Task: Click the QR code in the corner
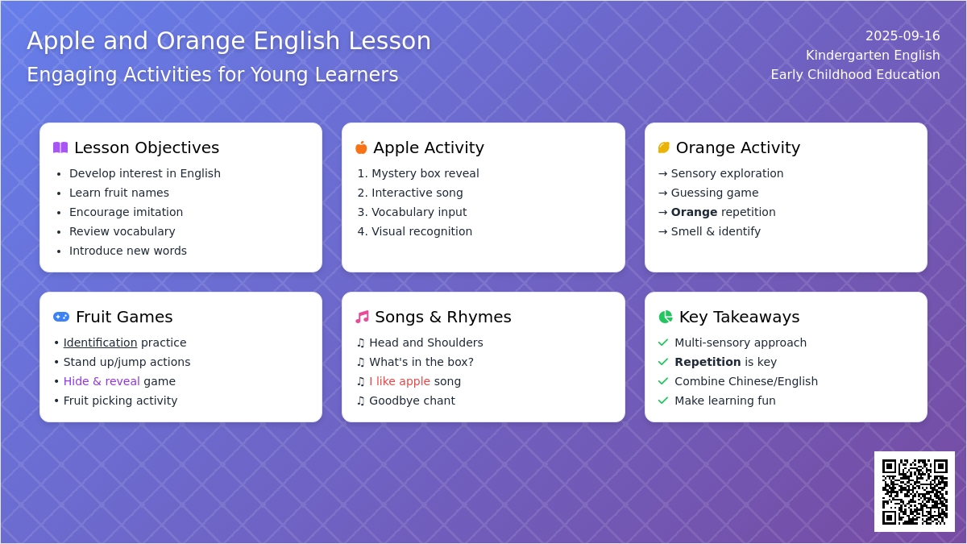point(915,492)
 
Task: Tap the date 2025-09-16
point(903,35)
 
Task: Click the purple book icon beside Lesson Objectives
point(60,147)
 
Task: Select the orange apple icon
point(361,147)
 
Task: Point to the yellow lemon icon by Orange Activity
point(663,147)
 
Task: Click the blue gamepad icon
point(61,317)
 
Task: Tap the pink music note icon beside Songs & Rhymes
point(362,317)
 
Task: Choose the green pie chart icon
point(666,317)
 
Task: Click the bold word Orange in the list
point(694,212)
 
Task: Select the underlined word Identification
point(100,343)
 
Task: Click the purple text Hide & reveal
point(102,381)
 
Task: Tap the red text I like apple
point(400,381)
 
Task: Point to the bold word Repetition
point(708,362)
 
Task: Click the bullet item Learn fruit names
point(119,193)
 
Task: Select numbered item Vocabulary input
point(419,212)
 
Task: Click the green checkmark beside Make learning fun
point(663,401)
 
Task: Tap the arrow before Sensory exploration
point(662,173)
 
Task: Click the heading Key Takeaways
point(739,317)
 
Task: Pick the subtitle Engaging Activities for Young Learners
point(213,75)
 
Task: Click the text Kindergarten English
point(873,56)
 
